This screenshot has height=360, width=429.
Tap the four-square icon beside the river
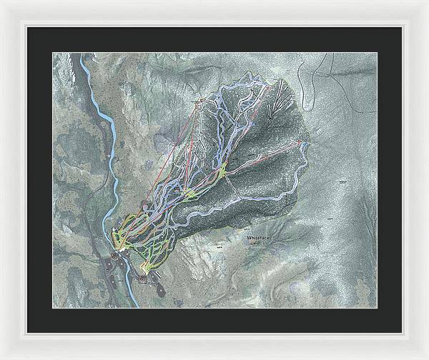(114, 256)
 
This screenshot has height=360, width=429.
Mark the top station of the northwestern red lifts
(201, 102)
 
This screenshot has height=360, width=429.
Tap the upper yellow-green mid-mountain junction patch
(224, 169)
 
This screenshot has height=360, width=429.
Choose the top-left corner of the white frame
(1, 1)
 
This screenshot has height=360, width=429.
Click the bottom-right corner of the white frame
(427, 358)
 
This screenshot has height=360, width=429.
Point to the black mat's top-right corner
(401, 27)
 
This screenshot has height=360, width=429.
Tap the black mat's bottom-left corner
(27, 333)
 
